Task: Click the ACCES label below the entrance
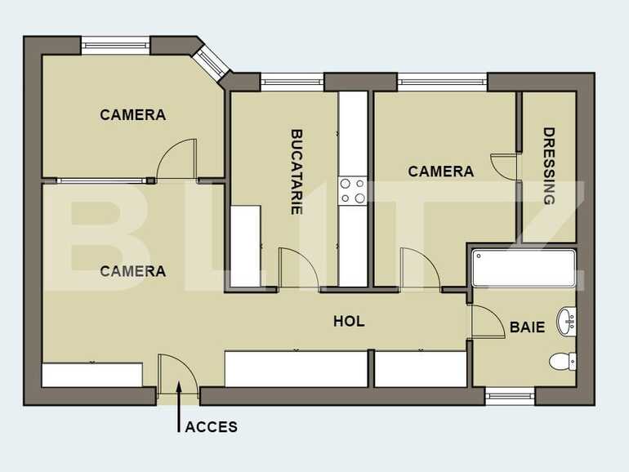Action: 211,426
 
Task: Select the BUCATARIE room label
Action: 297,171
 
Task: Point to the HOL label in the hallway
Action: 349,322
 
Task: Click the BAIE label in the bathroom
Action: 527,327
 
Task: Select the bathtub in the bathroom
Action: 523,268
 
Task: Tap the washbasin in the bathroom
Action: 566,321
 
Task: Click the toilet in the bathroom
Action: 562,360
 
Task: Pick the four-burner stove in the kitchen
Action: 353,191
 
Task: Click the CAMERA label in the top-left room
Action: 132,115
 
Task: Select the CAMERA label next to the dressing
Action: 440,171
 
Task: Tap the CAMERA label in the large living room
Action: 132,271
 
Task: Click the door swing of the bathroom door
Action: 488,321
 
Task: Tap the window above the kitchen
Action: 292,81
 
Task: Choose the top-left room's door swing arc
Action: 177,160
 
